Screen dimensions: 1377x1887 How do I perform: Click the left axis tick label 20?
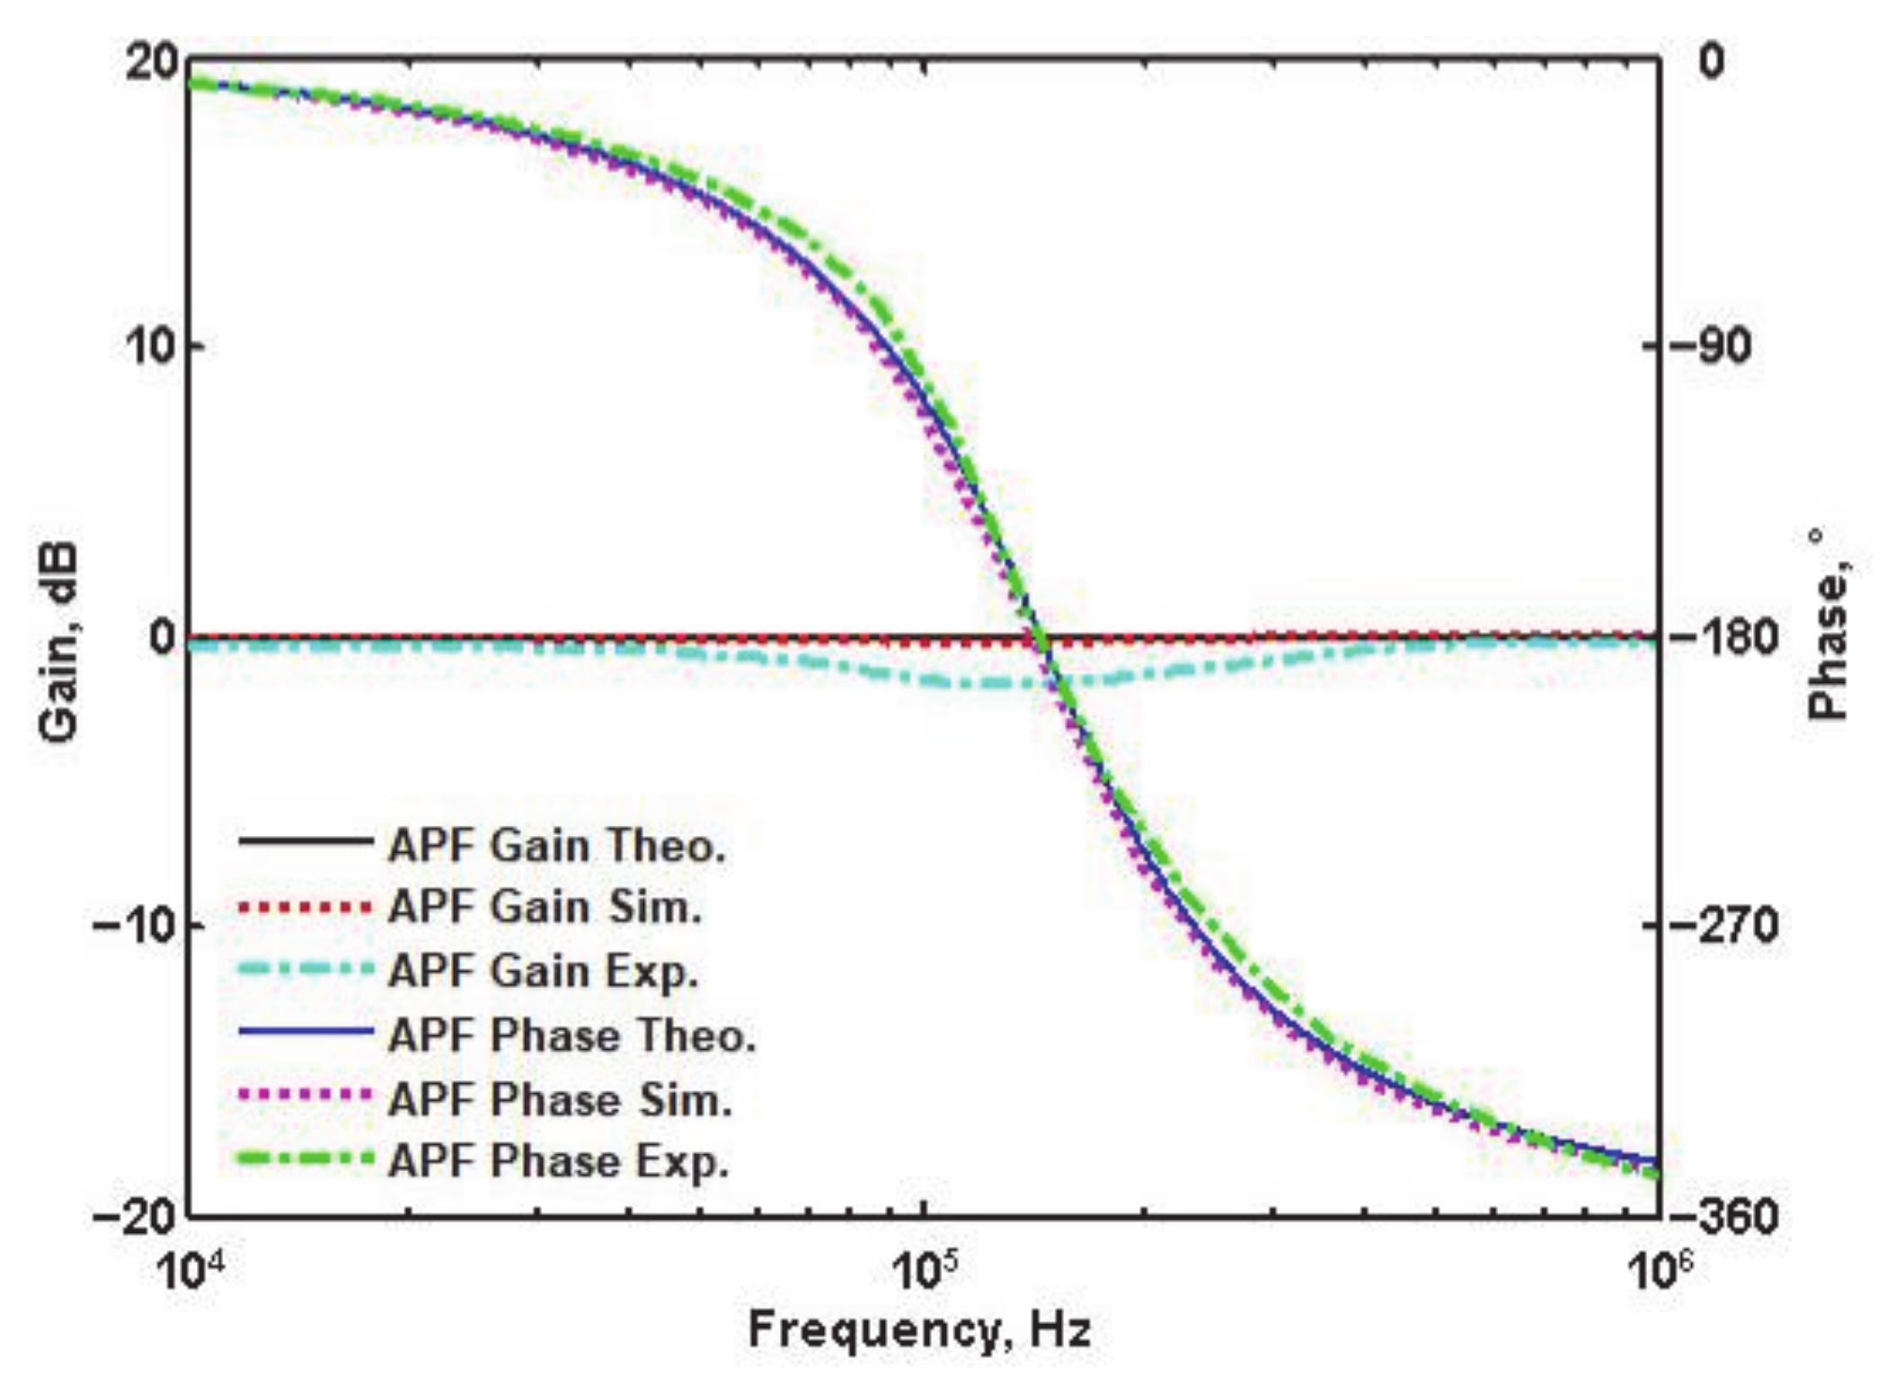point(149,65)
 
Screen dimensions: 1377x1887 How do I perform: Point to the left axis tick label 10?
point(149,347)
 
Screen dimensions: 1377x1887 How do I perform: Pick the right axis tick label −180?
point(1730,638)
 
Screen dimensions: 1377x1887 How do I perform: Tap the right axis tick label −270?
point(1730,926)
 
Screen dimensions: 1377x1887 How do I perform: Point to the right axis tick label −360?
point(1730,1218)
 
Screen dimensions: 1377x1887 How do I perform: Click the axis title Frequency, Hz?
point(919,1329)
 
